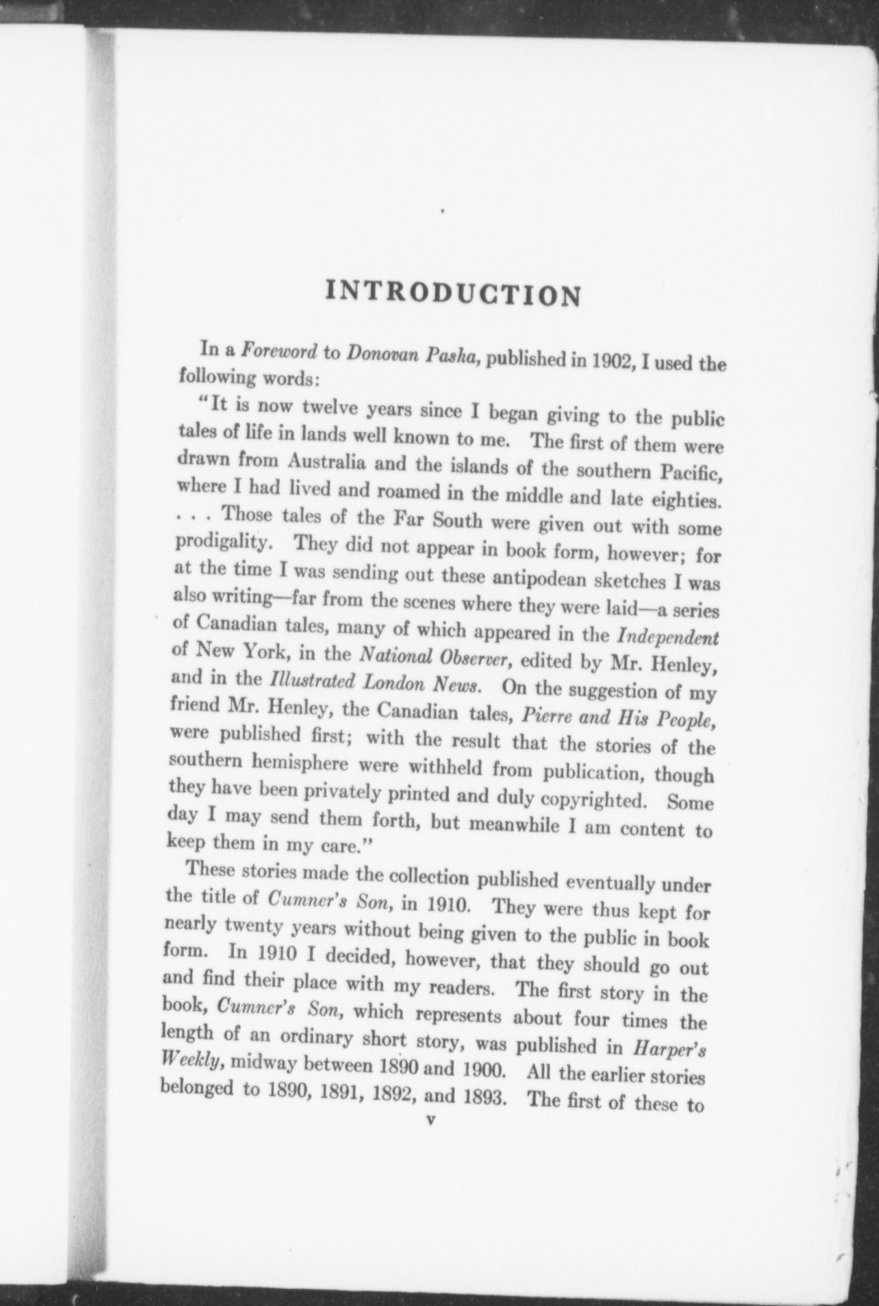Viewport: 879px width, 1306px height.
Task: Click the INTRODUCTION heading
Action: tap(453, 293)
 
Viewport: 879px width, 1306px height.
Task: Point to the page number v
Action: tap(430, 1120)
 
